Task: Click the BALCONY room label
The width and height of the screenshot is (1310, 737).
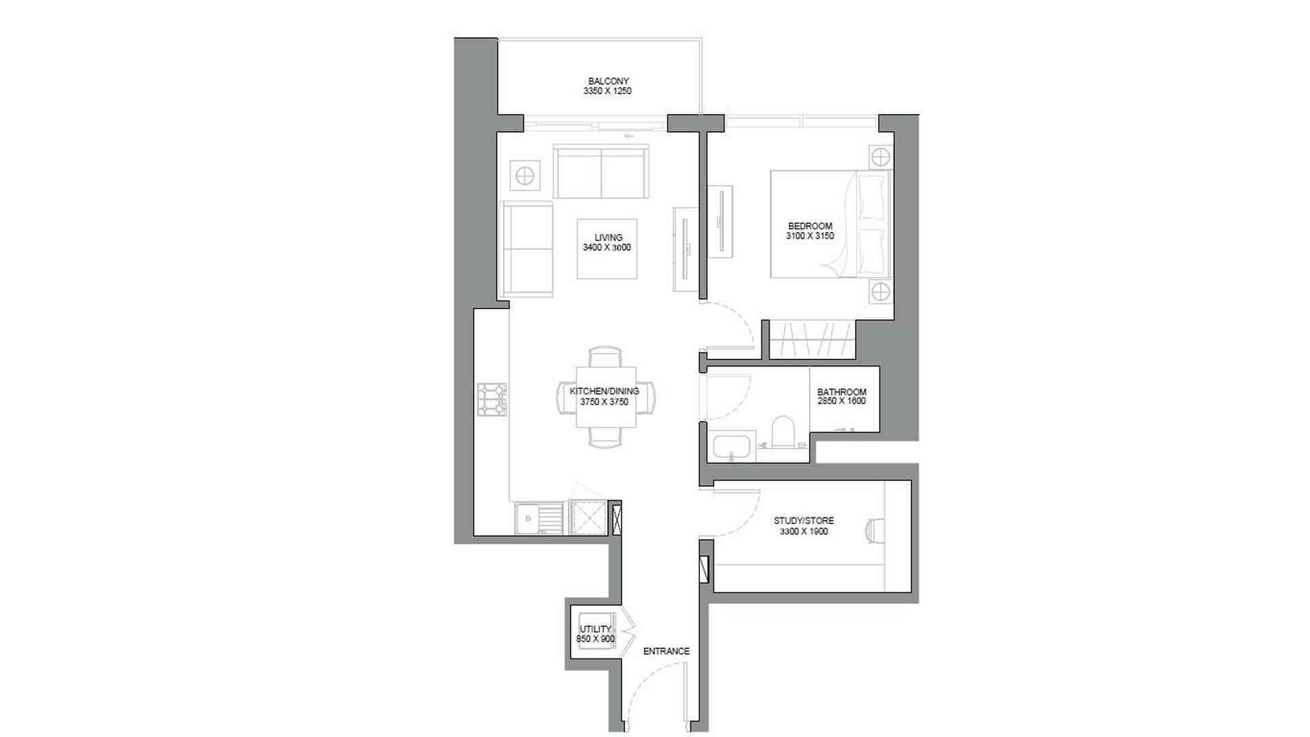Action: click(608, 81)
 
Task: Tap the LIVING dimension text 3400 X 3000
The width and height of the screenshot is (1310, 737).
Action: click(607, 248)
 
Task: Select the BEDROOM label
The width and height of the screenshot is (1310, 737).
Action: click(810, 226)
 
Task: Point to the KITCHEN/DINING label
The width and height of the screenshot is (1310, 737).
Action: click(604, 391)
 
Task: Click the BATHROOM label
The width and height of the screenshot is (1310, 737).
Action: click(841, 392)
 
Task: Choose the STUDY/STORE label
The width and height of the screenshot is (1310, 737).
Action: click(803, 521)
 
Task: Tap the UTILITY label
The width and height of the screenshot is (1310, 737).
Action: click(595, 629)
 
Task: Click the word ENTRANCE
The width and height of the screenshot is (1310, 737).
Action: click(666, 651)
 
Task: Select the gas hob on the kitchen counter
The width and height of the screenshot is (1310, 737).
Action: click(491, 399)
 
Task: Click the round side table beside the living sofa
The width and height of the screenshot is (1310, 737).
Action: click(525, 176)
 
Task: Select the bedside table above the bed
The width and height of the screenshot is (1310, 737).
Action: click(880, 157)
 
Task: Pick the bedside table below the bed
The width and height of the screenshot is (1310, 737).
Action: click(880, 292)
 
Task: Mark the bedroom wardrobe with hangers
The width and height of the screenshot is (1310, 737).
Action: click(812, 339)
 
